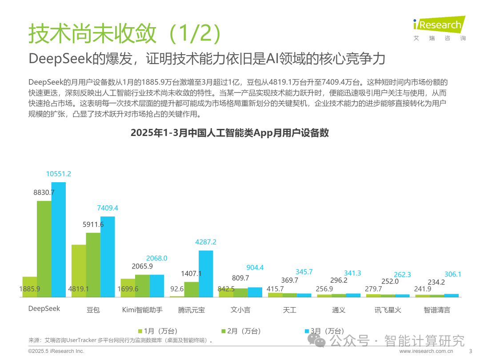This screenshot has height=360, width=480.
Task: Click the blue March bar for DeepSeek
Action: click(x=59, y=240)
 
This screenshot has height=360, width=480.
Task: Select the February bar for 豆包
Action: click(x=93, y=265)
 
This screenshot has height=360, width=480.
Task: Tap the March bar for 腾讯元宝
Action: click(x=206, y=274)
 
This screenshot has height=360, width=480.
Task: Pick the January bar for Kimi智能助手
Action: click(x=128, y=288)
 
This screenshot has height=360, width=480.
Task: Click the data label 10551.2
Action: click(x=59, y=174)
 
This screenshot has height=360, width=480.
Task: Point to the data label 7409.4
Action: click(x=108, y=208)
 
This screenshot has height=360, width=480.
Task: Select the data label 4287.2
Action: click(x=206, y=242)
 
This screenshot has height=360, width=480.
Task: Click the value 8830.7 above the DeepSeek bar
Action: click(x=44, y=192)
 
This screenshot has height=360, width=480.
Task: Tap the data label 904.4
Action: click(x=255, y=268)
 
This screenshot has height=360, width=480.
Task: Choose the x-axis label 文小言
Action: click(x=240, y=310)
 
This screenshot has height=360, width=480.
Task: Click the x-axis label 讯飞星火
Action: click(x=388, y=310)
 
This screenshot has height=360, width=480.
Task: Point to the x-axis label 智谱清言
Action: click(x=437, y=310)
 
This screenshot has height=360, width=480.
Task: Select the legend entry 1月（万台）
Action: click(x=158, y=331)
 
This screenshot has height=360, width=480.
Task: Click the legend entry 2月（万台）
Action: click(x=241, y=331)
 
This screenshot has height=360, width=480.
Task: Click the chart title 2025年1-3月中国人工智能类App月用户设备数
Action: click(x=230, y=133)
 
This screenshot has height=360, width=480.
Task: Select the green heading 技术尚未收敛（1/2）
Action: click(x=124, y=33)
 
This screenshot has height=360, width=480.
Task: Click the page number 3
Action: click(x=471, y=351)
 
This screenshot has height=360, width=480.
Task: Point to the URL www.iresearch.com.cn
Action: click(x=426, y=351)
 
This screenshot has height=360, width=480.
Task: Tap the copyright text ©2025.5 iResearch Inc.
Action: click(x=56, y=351)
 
